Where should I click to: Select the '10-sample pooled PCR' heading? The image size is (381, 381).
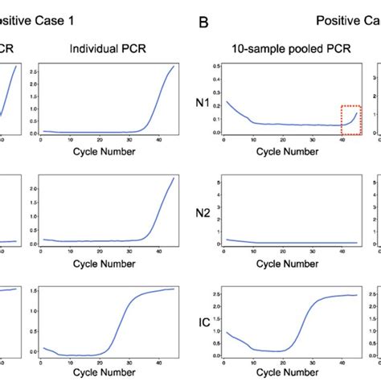[289, 50]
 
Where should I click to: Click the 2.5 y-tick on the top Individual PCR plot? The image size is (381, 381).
[32, 72]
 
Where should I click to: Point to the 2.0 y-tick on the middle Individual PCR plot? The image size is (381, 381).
[32, 187]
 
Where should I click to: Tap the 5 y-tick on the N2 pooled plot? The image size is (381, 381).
[215, 183]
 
